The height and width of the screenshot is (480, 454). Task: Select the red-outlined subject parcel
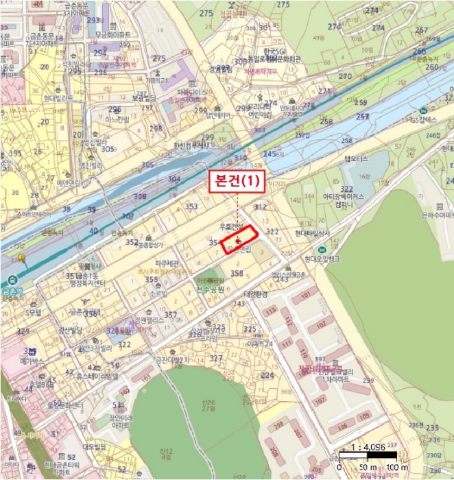tap(238, 241)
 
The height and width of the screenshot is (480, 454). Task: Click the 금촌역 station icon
tap(12, 281)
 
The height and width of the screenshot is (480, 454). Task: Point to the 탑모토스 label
tap(357, 158)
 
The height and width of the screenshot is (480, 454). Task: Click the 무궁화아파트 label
tap(114, 34)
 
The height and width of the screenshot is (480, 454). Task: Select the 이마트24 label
tap(259, 342)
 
